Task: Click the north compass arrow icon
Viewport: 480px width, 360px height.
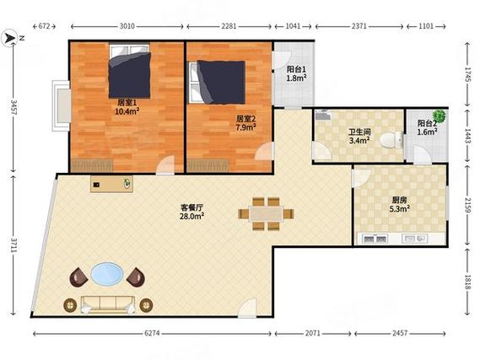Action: click(9, 38)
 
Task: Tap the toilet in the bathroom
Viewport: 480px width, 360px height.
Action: click(391, 140)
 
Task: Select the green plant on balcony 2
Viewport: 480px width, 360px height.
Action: click(439, 116)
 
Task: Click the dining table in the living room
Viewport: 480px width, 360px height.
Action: click(266, 214)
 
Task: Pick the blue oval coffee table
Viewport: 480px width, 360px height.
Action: click(107, 273)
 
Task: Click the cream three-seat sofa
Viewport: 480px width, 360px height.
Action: click(108, 304)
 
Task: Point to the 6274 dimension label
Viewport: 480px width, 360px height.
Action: click(152, 333)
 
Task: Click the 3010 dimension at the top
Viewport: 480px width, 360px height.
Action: click(127, 26)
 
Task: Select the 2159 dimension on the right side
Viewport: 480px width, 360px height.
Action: click(467, 205)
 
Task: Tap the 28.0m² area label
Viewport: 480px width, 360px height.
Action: click(192, 217)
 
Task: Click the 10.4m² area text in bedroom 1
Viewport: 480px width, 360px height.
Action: click(127, 110)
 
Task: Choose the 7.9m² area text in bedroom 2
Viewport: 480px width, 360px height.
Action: click(246, 127)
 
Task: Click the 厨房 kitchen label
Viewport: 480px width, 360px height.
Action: click(400, 200)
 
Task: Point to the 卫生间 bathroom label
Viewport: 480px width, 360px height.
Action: click(359, 132)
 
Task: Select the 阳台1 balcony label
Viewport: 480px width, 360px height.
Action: click(296, 69)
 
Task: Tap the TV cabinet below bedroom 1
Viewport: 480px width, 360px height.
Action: click(111, 184)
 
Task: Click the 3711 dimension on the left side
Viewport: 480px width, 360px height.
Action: click(14, 245)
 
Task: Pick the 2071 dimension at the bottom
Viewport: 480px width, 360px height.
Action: click(313, 333)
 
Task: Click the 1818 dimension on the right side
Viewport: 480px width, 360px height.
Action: click(467, 282)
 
